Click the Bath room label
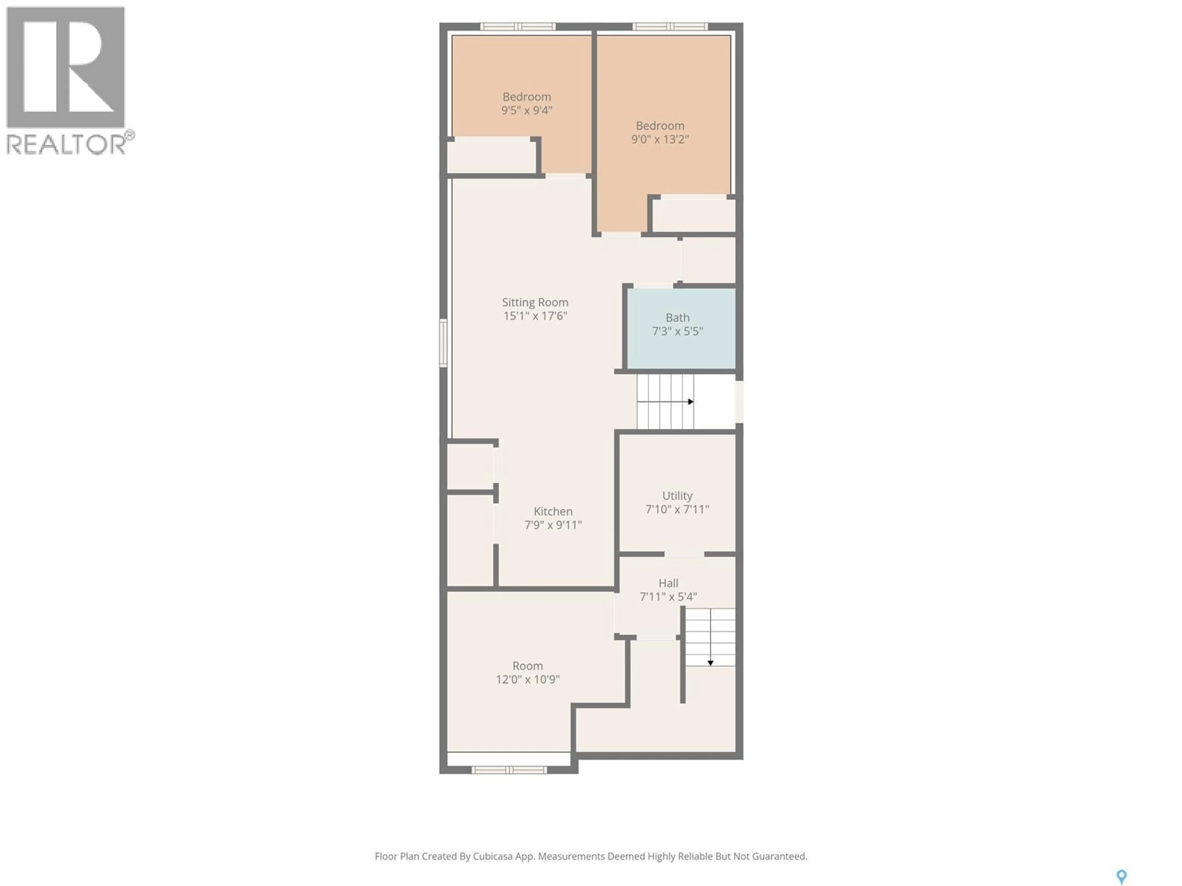tap(677, 318)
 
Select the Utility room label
tap(677, 496)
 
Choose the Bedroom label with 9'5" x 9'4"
tap(526, 97)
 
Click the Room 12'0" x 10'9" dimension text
tap(527, 679)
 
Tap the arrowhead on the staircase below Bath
tap(691, 401)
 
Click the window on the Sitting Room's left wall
tap(443, 343)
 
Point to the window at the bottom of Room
tap(509, 770)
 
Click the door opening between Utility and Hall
tap(684, 554)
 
